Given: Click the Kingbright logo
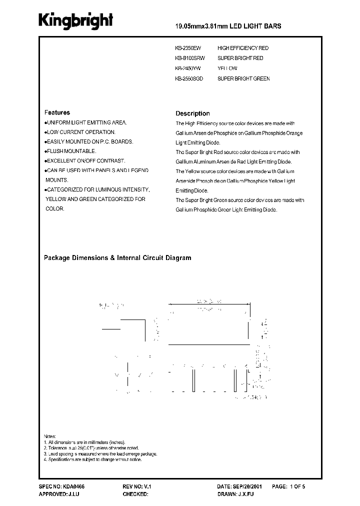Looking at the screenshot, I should pos(76,21).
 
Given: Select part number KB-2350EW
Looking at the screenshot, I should pos(188,48).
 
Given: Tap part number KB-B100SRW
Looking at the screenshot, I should pos(190,58).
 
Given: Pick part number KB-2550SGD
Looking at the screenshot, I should pos(189,78).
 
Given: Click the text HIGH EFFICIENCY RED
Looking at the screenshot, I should pos(243,48).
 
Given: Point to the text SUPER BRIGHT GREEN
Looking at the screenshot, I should pos(243,78).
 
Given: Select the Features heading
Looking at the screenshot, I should pos(57,113).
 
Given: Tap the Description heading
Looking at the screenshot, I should pos(192,113).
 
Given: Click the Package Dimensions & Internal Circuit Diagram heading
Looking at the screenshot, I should pos(117,258).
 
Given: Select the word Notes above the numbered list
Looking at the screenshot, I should pos(50,436).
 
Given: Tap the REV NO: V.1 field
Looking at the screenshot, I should pos(136,486).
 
